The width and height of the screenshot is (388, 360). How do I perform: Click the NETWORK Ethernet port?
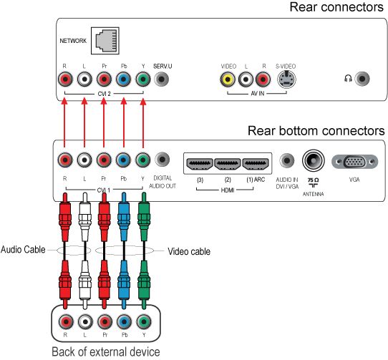click(105, 41)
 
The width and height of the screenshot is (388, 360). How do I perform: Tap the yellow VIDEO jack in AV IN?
click(228, 79)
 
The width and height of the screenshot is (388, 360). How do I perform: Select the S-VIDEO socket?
click(286, 79)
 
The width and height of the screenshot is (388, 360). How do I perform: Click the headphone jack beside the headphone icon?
click(362, 79)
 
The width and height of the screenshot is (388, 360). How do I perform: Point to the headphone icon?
click(348, 79)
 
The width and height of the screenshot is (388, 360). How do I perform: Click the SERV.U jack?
click(161, 79)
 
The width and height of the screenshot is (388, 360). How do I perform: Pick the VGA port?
click(354, 162)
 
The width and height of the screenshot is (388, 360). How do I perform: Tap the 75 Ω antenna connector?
click(314, 160)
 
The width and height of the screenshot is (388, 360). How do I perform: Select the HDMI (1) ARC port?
click(256, 164)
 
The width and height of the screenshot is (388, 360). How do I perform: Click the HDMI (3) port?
click(200, 164)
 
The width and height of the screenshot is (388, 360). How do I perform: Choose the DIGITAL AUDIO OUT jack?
click(162, 160)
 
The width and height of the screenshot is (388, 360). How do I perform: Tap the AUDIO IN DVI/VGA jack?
click(287, 160)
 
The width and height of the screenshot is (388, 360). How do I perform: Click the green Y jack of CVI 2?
click(143, 79)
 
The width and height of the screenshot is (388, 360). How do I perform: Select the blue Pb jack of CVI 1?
click(123, 160)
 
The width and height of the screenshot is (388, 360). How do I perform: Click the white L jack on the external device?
click(85, 322)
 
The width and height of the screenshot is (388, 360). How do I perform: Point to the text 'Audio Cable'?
click(23, 249)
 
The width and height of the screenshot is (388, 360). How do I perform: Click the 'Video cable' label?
click(189, 251)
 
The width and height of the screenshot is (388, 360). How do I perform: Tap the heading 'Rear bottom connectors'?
click(316, 131)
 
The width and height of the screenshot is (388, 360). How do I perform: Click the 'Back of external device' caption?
click(106, 351)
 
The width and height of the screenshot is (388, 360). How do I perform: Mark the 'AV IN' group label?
click(257, 94)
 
